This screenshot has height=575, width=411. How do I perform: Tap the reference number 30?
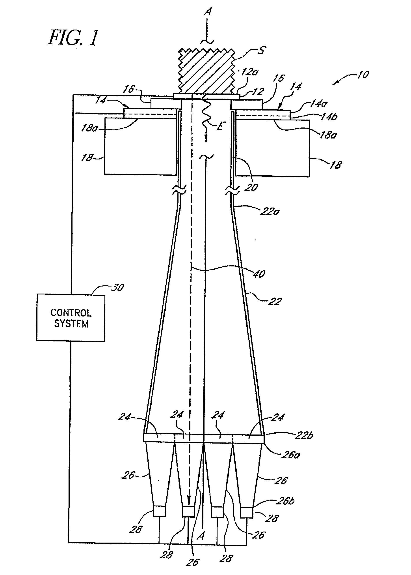click(x=117, y=288)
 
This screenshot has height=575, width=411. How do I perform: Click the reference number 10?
click(x=363, y=75)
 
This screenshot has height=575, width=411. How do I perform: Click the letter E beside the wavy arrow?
click(x=220, y=126)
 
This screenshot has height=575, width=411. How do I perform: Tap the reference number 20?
click(x=251, y=187)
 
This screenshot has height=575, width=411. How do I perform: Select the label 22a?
click(x=270, y=211)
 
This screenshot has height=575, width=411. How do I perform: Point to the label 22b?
click(x=304, y=435)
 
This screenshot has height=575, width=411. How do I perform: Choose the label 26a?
click(x=290, y=455)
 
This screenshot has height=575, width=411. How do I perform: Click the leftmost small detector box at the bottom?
click(x=159, y=511)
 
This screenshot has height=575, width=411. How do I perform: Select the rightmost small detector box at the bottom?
click(x=247, y=512)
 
